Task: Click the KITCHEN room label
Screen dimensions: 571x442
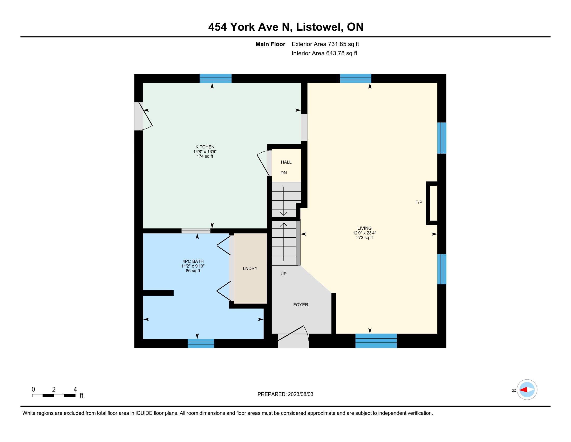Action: (x=205, y=147)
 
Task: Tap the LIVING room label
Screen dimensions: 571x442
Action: (x=364, y=228)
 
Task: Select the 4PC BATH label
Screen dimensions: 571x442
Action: (x=193, y=261)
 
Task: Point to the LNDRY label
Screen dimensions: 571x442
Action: (x=250, y=268)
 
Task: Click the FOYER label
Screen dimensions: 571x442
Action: (x=301, y=305)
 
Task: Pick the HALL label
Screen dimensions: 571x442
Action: (x=286, y=162)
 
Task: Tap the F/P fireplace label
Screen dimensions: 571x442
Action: (x=419, y=202)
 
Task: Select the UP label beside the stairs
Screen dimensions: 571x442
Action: (x=284, y=274)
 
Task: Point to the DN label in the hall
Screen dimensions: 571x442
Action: (x=284, y=173)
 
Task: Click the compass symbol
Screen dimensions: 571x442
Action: (x=527, y=390)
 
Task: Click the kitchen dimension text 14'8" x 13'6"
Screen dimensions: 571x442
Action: (x=205, y=152)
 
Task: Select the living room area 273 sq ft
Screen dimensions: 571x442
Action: (x=364, y=238)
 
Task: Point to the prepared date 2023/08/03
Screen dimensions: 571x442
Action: (x=300, y=394)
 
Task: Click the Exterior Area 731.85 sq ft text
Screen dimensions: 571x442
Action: (x=325, y=44)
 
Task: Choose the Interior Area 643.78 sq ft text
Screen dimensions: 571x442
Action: (x=324, y=53)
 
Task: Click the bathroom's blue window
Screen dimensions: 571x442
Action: (x=201, y=343)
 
